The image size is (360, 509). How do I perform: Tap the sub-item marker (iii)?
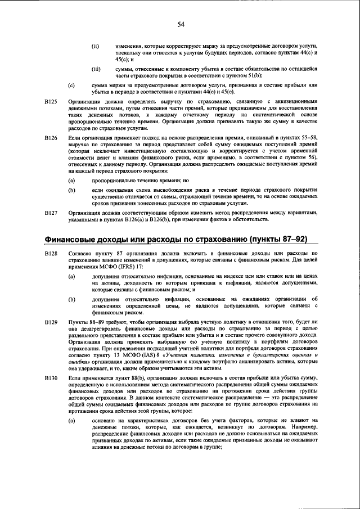(x=96, y=69)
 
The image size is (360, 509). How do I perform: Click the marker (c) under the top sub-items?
(x=71, y=85)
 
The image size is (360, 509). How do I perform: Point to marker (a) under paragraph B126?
(x=71, y=181)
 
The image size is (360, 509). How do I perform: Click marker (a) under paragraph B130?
(x=71, y=420)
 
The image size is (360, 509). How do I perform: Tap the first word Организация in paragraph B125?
(x=84, y=101)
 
